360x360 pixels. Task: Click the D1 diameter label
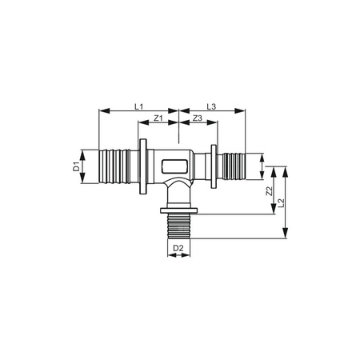click(77, 166)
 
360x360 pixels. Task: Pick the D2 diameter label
click(179, 249)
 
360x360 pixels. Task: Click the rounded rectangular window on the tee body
click(175, 167)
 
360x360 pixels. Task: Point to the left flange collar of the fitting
click(142, 166)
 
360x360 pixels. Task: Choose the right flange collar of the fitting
click(214, 166)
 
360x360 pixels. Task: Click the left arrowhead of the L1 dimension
click(102, 111)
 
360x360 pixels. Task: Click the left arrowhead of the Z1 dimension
click(144, 124)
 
